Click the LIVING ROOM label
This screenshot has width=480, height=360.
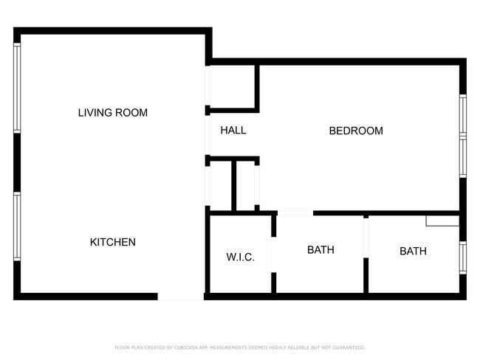click(113, 113)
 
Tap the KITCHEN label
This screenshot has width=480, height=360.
click(113, 242)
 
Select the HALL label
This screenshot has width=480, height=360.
click(233, 131)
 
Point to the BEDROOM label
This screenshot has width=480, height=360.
click(356, 131)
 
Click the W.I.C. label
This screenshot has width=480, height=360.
click(240, 257)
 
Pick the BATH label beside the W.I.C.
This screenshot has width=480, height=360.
click(320, 250)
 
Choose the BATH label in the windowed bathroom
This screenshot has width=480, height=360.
click(413, 252)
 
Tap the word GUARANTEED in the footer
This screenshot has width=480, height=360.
click(349, 347)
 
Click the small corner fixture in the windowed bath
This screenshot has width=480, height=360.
click(442, 221)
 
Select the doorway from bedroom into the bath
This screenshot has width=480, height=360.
click(295, 213)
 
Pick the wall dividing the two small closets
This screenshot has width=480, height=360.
click(233, 185)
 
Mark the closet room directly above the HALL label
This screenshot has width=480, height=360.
click(233, 89)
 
